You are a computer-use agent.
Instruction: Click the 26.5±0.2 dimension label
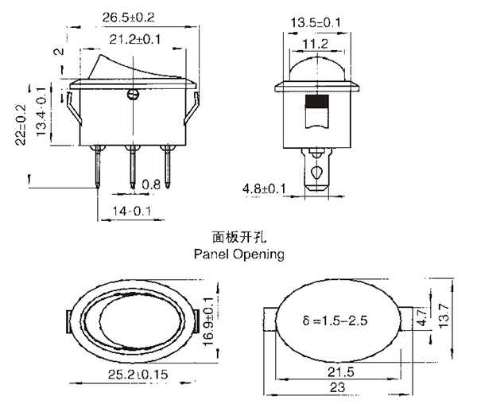(x=128, y=17)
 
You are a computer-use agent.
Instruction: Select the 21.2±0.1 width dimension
(x=135, y=39)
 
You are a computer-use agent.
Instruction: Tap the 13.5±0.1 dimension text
(x=316, y=22)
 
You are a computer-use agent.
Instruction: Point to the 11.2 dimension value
(x=316, y=44)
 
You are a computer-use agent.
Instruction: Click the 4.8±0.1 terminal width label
(x=264, y=189)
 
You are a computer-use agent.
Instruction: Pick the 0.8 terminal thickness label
(x=151, y=185)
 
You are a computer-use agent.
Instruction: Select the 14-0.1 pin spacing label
(x=132, y=211)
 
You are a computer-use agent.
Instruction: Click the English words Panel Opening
(x=239, y=254)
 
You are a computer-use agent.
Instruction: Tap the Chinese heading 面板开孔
(x=239, y=237)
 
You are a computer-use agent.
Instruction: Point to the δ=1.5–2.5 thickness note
(x=335, y=321)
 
